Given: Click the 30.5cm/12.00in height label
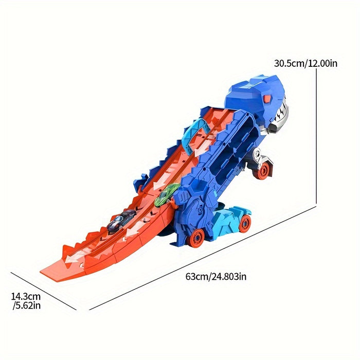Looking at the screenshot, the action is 306,63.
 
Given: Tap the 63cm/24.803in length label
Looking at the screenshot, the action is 216,276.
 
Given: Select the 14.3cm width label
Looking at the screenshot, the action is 26,296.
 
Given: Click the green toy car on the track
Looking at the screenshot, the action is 166,195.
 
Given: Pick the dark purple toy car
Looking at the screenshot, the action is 121,221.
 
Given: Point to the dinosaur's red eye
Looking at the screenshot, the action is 267,99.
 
